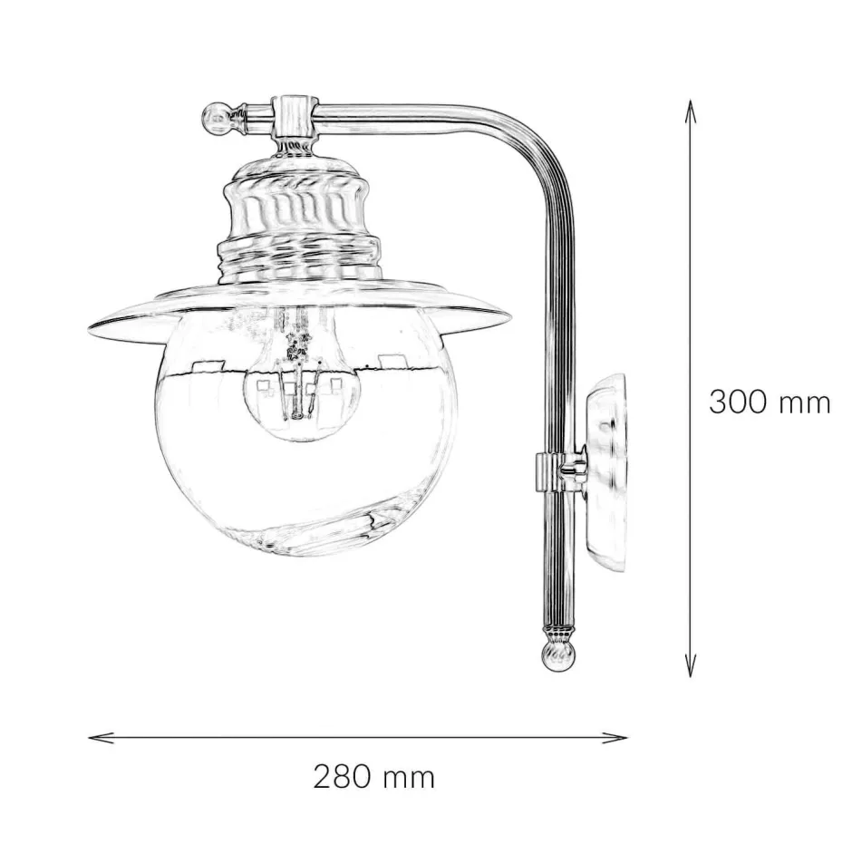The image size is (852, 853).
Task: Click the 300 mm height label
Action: (769, 402)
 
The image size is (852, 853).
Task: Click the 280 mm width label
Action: (374, 777)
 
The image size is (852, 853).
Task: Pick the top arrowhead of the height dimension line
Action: (691, 104)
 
